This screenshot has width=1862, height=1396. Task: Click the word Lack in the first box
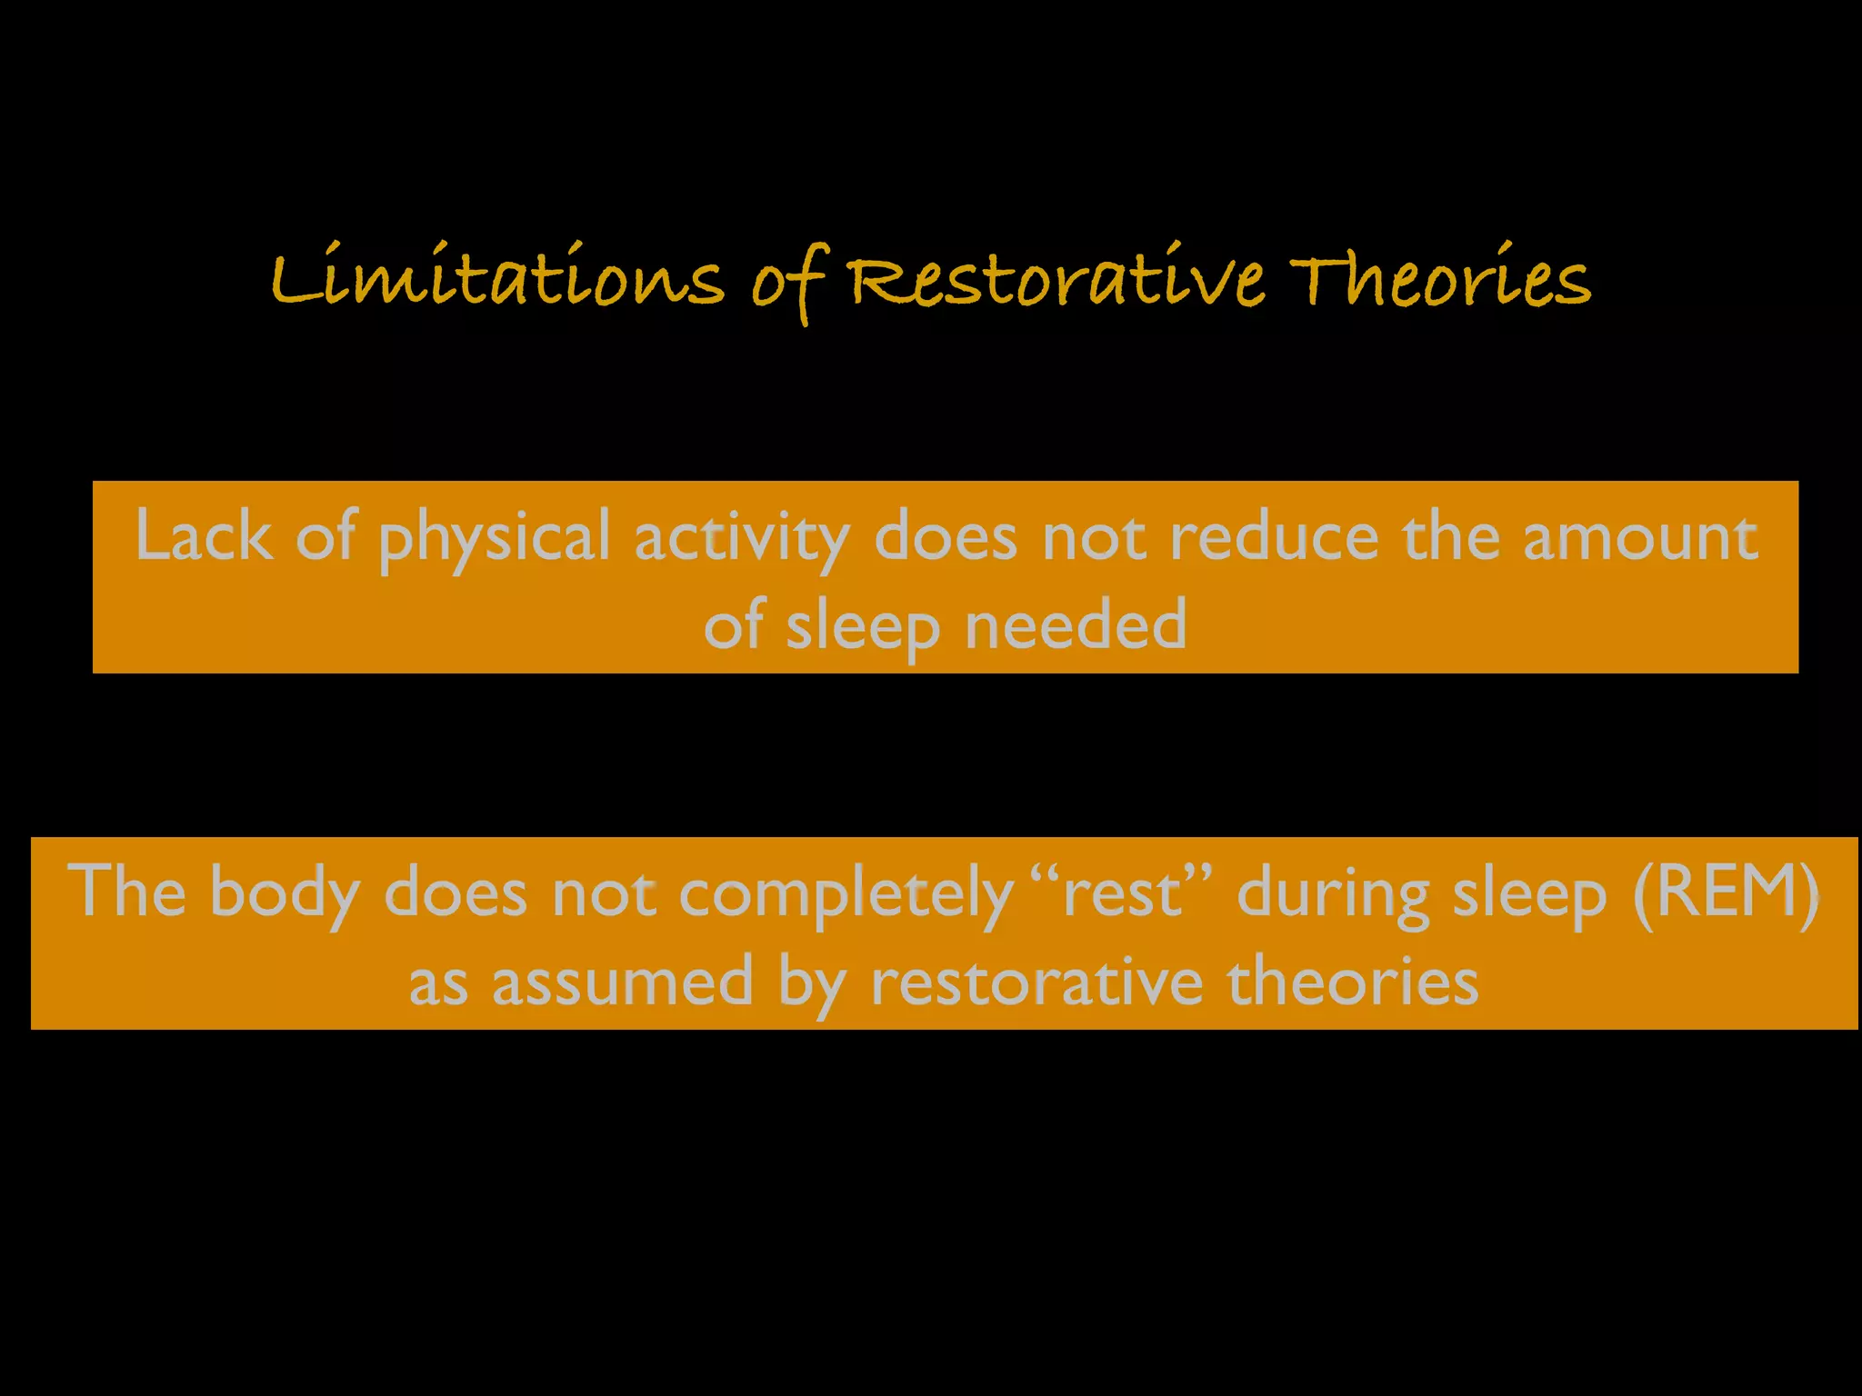coord(204,537)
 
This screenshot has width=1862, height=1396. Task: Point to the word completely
coord(846,895)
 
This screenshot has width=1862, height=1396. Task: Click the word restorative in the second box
coord(1036,982)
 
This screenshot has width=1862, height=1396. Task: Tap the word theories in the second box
coord(1353,982)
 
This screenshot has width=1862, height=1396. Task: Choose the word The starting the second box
coord(126,892)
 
